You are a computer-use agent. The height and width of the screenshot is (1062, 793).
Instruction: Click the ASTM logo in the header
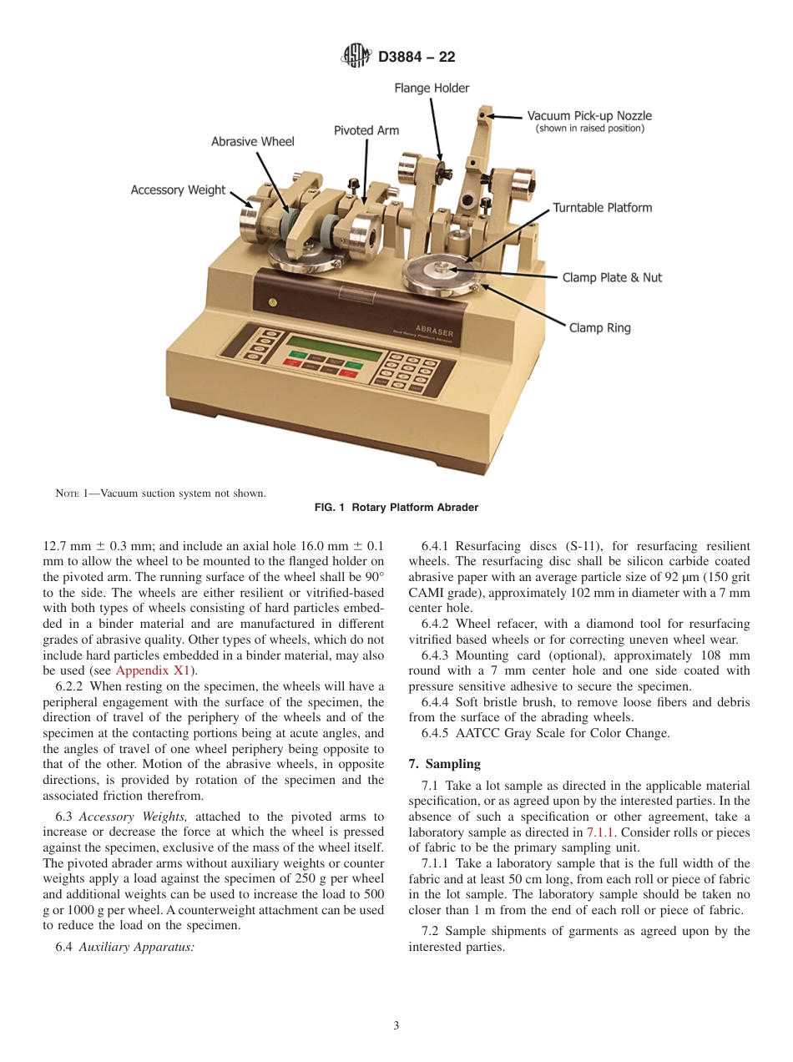point(356,57)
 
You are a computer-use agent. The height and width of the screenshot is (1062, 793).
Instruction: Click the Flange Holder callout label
point(432,88)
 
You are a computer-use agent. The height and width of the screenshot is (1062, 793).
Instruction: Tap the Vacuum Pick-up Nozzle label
point(589,116)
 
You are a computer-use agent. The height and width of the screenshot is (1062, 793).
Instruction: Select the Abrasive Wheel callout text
point(252,142)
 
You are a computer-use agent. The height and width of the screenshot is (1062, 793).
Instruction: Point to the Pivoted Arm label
point(366,130)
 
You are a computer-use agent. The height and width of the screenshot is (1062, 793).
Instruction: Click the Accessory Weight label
point(178,190)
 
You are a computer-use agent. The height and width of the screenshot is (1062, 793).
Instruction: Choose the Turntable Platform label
point(602,208)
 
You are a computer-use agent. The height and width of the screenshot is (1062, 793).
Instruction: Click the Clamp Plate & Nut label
point(611,277)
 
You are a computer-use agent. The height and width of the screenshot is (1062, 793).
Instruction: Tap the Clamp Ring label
point(599,328)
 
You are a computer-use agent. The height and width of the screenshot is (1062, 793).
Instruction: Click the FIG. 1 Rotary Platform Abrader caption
point(396,508)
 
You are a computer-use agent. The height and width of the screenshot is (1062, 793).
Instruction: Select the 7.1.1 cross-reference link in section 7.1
point(599,832)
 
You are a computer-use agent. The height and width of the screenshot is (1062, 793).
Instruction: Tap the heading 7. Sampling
point(444,764)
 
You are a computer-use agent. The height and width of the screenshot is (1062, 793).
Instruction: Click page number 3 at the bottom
point(396,1025)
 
